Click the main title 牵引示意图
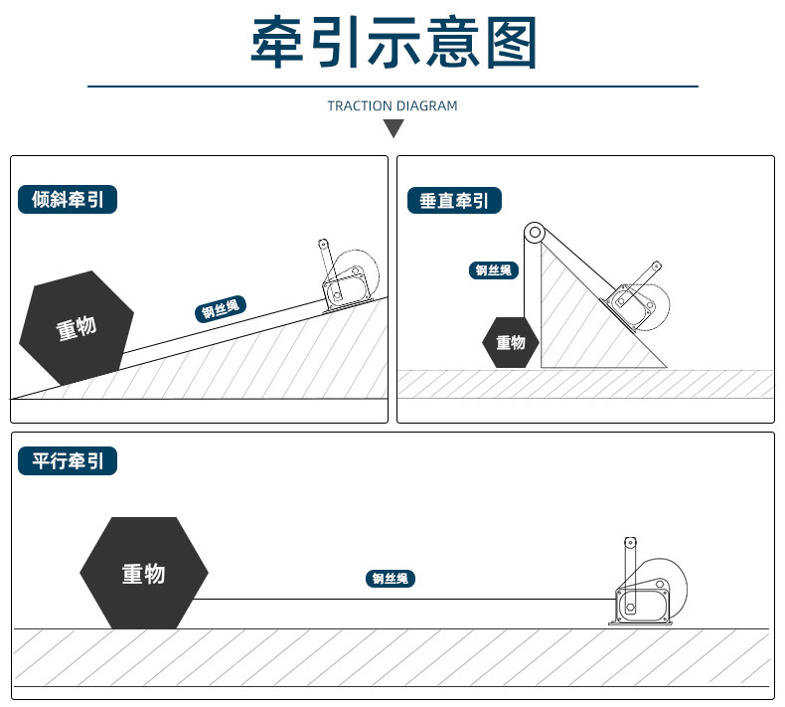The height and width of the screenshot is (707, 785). (x=392, y=43)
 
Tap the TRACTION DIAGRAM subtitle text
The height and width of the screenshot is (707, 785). (x=392, y=105)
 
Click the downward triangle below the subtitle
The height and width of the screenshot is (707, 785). (x=393, y=128)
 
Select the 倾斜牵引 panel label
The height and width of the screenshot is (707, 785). (x=68, y=200)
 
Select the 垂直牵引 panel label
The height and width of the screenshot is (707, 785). (x=454, y=201)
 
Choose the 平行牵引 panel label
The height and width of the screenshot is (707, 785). (x=68, y=461)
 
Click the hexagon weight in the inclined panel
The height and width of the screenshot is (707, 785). (x=77, y=328)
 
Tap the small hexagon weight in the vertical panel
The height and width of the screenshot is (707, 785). (x=511, y=343)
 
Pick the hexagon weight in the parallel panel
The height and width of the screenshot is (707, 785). (x=144, y=573)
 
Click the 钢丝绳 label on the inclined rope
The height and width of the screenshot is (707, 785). (x=221, y=310)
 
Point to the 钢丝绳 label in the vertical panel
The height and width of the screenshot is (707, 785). (x=493, y=270)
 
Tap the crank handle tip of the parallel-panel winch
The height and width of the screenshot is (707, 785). (x=628, y=543)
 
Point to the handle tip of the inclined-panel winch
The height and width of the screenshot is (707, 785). (x=322, y=244)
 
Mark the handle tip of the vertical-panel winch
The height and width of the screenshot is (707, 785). (x=656, y=266)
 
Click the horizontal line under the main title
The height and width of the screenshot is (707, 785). (x=392, y=88)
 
